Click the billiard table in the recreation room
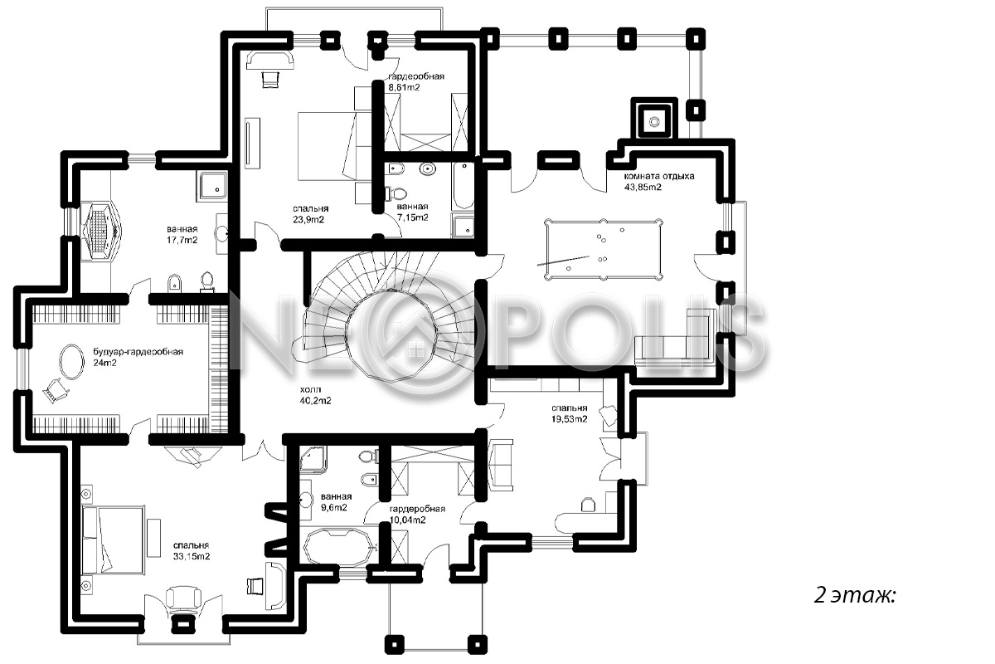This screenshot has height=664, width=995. point(604,249)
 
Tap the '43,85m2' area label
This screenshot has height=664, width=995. point(643,188)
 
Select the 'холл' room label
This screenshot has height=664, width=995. point(310,389)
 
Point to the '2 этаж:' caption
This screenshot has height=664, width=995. point(855,595)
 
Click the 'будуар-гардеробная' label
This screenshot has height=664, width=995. point(138,352)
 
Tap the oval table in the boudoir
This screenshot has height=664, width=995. point(71,362)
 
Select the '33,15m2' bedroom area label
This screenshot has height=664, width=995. point(192,556)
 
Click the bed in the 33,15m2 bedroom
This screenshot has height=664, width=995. point(114,539)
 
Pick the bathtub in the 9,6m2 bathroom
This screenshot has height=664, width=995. point(337,547)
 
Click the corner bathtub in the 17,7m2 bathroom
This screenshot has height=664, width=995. point(101,231)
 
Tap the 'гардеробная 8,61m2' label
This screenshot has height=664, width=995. point(416,82)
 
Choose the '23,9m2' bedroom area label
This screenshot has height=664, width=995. point(308,219)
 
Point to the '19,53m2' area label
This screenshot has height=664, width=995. point(570,418)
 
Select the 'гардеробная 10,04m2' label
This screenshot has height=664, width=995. point(417,514)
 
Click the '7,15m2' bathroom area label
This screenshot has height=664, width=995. point(413,217)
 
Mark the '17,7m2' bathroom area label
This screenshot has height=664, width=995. point(182,240)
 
